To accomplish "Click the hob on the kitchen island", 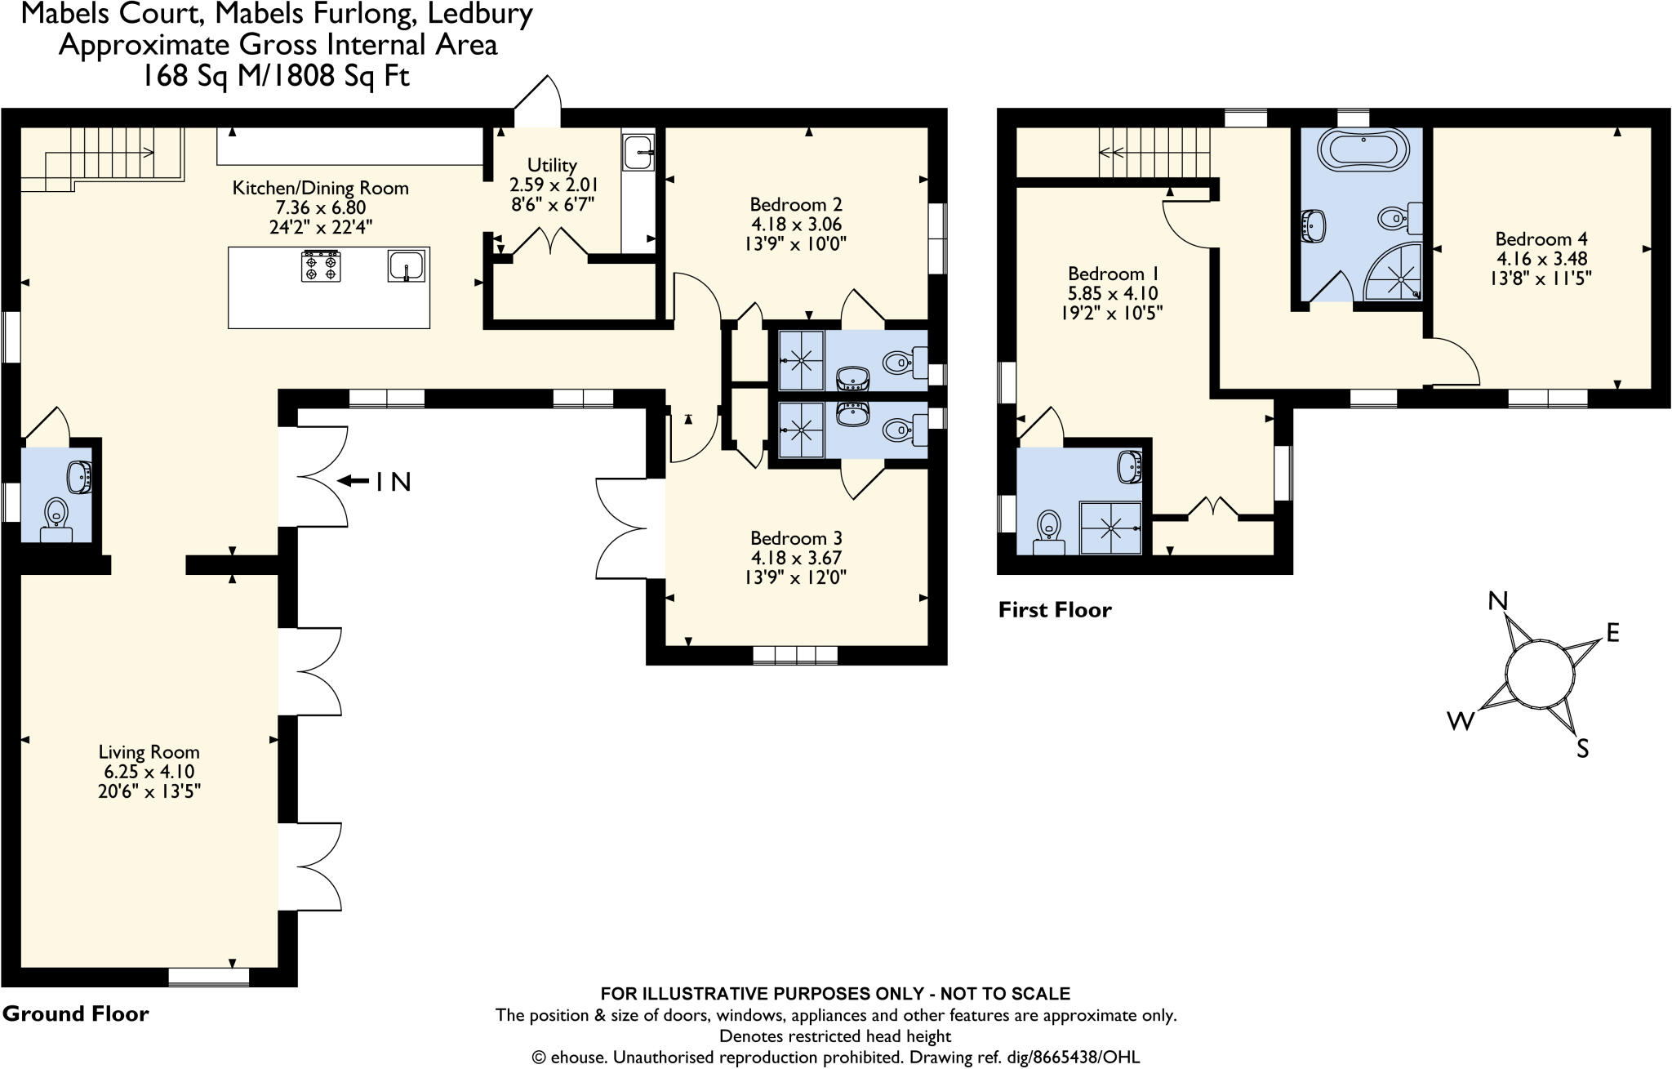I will [x=321, y=265].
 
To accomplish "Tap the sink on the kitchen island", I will [x=407, y=265].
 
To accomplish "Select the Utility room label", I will [x=552, y=164].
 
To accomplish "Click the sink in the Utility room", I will [x=638, y=152].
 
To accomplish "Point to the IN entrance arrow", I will [x=354, y=482].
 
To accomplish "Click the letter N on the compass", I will [x=1497, y=601].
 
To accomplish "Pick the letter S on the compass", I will [x=1582, y=748].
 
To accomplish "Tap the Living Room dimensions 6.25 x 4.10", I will [x=148, y=772].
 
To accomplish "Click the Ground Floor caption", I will [x=75, y=1014].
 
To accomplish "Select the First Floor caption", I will [x=1055, y=610].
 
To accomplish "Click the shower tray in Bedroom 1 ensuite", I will [x=1110, y=528].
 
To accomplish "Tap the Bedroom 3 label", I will [x=796, y=538].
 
